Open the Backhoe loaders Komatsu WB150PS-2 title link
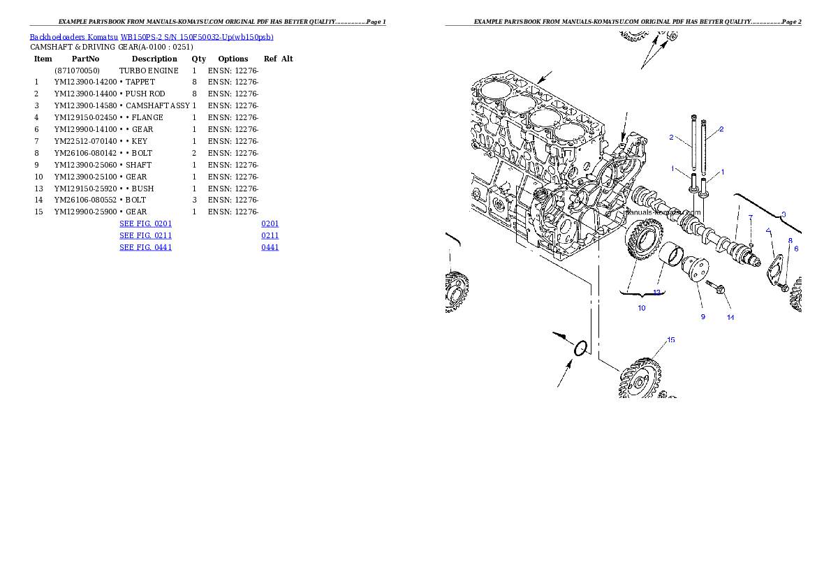152,37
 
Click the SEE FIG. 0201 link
145,224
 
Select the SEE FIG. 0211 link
145,236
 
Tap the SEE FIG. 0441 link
145,247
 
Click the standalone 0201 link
270,224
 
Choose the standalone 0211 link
270,236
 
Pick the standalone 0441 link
270,247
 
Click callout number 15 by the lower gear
670,340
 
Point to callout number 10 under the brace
641,308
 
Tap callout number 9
703,316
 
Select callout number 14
730,317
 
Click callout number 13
656,292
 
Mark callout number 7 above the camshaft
751,218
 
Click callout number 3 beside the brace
784,214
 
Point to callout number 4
768,230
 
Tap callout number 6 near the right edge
795,249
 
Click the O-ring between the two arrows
580,348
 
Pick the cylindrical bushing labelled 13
671,256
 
